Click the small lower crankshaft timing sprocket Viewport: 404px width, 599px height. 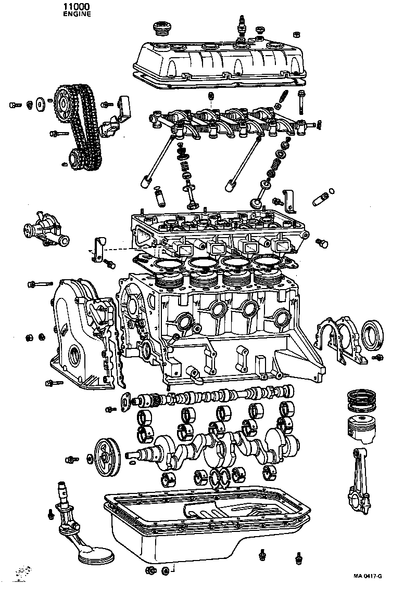74,157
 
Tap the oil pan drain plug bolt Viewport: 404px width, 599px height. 150,571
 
